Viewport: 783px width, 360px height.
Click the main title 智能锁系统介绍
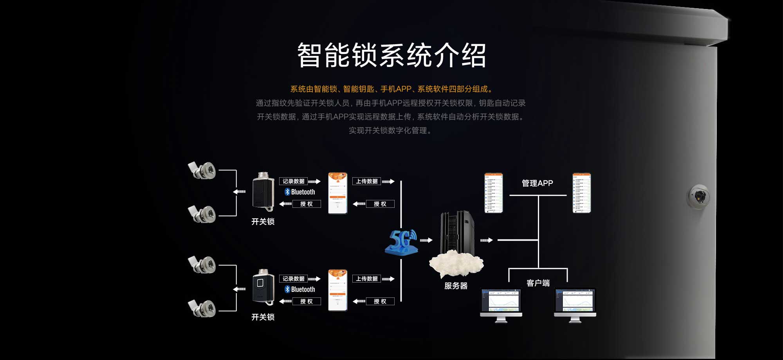point(391,55)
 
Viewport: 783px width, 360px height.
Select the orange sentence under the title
point(391,89)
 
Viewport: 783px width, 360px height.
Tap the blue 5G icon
point(401,242)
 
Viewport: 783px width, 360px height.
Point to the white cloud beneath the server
point(456,263)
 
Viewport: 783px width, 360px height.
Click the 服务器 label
point(456,286)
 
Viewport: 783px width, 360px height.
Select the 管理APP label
point(537,183)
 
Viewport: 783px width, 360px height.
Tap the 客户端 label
point(538,283)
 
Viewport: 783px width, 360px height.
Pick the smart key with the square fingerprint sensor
point(263,287)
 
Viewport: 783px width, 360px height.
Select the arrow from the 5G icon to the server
point(426,240)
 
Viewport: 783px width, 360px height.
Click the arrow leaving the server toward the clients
point(486,240)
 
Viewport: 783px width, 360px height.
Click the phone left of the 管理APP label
point(493,193)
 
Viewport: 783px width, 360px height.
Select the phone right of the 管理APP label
point(581,193)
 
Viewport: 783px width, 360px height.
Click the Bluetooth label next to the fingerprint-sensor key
point(300,290)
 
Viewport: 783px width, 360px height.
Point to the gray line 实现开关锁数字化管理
point(390,131)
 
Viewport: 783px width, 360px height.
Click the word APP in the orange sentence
point(403,89)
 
